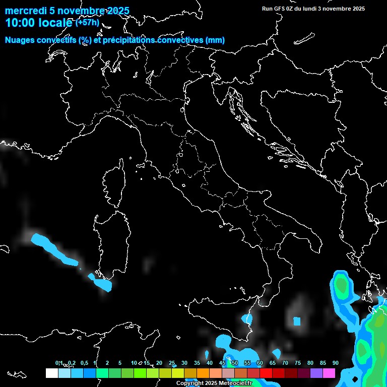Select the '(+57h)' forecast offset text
(88, 23)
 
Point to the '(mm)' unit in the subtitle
(215, 40)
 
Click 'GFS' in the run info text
(280, 9)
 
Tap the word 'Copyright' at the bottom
(189, 383)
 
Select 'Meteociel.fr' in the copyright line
(235, 383)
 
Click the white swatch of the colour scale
(51, 373)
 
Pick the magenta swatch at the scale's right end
(329, 373)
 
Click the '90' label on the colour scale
(335, 363)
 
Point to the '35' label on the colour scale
(197, 363)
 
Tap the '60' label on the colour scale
(260, 363)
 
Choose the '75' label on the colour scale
(297, 363)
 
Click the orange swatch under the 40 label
(203, 373)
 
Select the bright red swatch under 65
(266, 373)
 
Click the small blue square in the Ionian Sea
(297, 321)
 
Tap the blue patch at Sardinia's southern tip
(103, 283)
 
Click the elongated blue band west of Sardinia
(52, 248)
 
